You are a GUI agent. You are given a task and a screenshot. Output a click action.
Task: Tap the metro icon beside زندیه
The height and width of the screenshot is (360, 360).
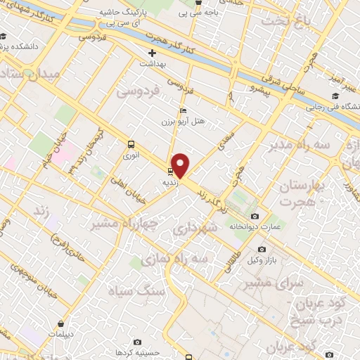click(170, 171)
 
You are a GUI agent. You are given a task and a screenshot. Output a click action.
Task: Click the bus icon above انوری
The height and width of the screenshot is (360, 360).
click(130, 144)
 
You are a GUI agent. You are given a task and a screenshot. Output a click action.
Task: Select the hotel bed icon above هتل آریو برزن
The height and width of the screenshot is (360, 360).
click(184, 110)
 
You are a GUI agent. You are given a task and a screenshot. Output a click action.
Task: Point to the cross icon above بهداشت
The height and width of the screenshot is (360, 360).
click(151, 53)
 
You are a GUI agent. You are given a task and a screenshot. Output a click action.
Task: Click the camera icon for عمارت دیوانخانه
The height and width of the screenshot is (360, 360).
click(255, 217)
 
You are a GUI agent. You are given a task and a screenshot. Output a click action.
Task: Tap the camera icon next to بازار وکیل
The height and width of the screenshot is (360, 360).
click(262, 249)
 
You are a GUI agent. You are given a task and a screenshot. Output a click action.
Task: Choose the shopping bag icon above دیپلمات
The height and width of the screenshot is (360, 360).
click(62, 324)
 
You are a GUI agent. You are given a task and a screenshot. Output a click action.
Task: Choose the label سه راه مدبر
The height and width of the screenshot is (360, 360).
click(297, 145)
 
